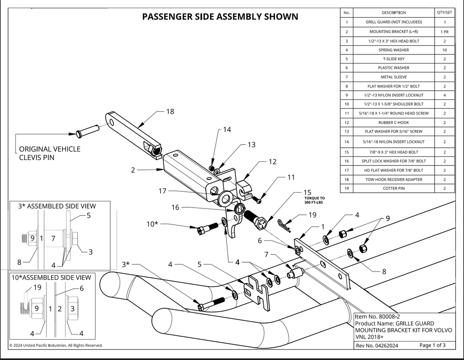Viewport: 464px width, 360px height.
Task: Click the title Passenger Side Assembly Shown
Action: (220, 17)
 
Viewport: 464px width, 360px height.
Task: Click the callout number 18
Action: (170, 111)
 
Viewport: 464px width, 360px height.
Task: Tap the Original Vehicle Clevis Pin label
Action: (49, 153)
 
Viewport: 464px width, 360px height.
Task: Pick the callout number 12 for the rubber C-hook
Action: (272, 161)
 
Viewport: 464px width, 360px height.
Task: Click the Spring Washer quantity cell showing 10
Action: (445, 50)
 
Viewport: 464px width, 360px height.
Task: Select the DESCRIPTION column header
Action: (393, 13)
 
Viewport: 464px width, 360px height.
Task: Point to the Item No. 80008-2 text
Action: (377, 316)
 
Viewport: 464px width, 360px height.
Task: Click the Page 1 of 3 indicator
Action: (432, 345)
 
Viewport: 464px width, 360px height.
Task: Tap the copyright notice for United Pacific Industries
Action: (56, 345)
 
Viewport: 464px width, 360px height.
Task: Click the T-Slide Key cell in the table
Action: (393, 59)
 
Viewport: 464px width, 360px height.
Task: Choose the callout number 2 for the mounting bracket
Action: (133, 170)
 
